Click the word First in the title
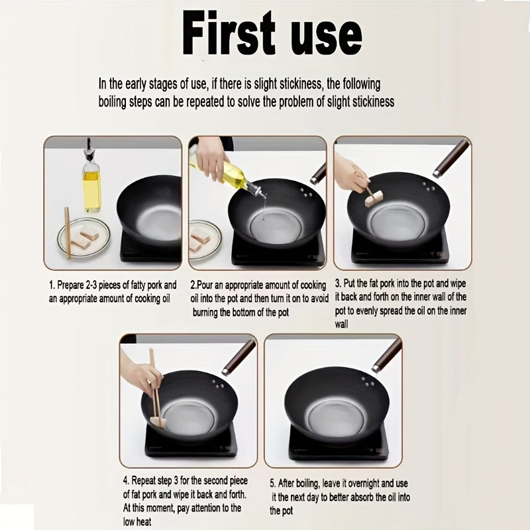[229, 32]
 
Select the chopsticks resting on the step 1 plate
[68, 233]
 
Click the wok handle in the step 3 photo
[451, 158]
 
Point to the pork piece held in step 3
[374, 198]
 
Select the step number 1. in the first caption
[52, 286]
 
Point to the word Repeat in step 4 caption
[143, 480]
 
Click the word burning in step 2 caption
[205, 312]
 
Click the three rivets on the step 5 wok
[368, 382]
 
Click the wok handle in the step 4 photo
[238, 358]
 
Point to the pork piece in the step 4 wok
[158, 421]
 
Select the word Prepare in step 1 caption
[70, 286]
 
